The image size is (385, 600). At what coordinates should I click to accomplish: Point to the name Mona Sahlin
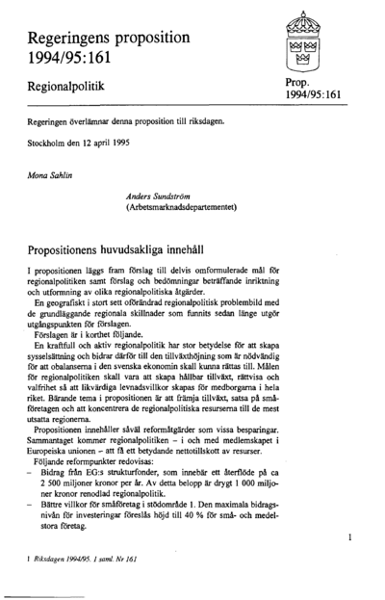click(49, 178)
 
